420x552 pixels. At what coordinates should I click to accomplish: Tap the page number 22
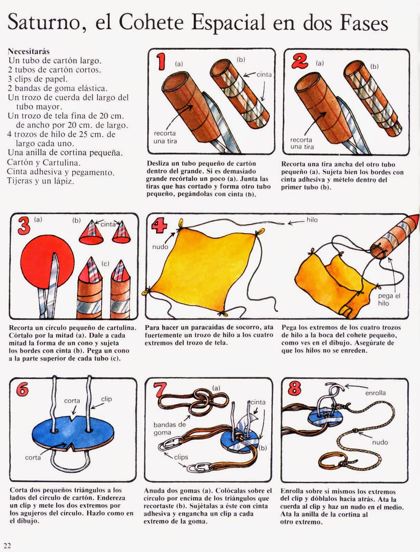[x=7, y=545]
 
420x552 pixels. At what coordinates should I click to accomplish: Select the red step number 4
[x=159, y=226]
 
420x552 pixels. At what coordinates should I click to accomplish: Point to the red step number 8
[x=295, y=388]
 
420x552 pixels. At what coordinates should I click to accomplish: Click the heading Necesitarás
[x=29, y=51]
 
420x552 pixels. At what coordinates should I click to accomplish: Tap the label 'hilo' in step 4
[x=312, y=220]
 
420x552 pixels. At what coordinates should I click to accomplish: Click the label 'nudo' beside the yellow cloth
[x=160, y=247]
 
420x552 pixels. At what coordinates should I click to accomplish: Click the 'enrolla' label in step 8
[x=375, y=393]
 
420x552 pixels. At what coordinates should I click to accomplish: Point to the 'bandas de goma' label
[x=170, y=429]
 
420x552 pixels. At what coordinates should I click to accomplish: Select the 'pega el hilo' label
[x=389, y=300]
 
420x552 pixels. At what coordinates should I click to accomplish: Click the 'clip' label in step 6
[x=106, y=399]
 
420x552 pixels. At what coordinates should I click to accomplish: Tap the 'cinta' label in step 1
[x=264, y=74]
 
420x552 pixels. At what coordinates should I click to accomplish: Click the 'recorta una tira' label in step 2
[x=302, y=143]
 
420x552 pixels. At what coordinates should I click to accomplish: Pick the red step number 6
[x=22, y=390]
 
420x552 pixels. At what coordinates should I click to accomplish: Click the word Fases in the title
[x=364, y=22]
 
